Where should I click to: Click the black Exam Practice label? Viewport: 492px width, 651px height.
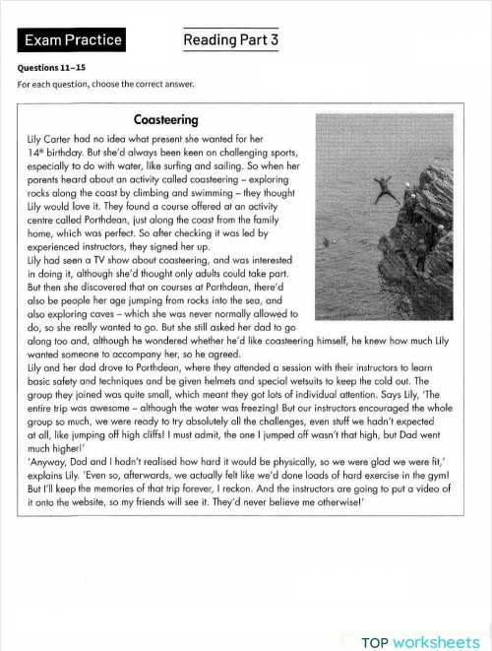click(x=73, y=40)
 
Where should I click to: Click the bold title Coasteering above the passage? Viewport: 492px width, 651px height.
click(x=166, y=120)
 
